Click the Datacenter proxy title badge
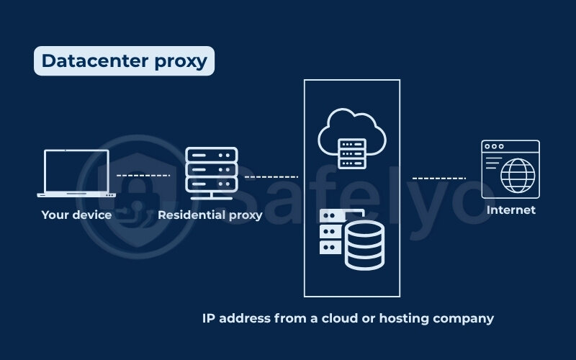point(124,61)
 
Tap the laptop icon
point(76,174)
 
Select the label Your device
point(76,214)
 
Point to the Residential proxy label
point(210,214)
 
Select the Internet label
point(511,210)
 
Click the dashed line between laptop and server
point(143,175)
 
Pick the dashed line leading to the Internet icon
point(438,178)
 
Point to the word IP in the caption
point(210,318)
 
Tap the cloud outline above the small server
point(352,121)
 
